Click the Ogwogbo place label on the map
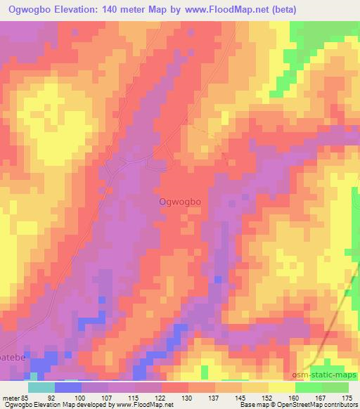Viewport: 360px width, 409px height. [179, 202]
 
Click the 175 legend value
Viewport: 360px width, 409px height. [346, 398]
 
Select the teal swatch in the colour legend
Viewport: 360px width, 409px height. [41, 387]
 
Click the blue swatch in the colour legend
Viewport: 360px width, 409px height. [67, 387]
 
